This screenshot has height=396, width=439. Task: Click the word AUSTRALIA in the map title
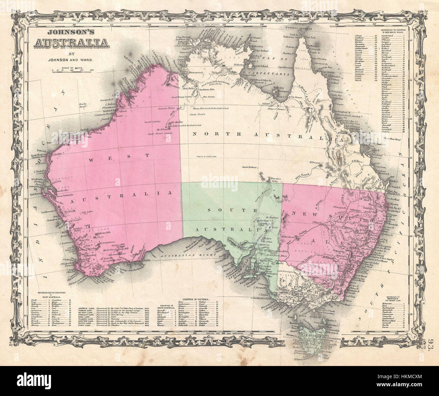tap(71, 43)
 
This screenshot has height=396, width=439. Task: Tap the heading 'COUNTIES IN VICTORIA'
tap(196, 299)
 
